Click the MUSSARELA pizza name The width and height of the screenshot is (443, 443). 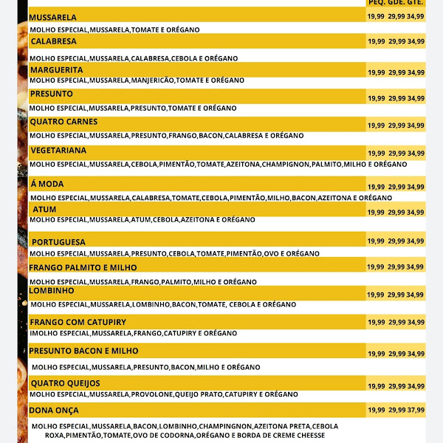click(x=52, y=17)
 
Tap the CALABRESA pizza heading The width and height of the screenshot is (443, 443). click(x=53, y=41)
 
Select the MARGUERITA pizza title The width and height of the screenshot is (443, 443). click(x=56, y=70)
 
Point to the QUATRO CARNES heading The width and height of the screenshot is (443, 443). click(x=63, y=122)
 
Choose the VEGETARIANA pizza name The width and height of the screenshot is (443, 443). click(x=58, y=150)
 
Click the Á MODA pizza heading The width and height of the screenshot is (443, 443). click(x=47, y=184)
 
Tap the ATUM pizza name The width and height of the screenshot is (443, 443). click(x=44, y=210)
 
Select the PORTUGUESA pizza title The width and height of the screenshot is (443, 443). click(x=58, y=242)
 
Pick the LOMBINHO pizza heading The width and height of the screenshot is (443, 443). click(x=52, y=291)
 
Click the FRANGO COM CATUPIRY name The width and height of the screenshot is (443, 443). click(x=78, y=323)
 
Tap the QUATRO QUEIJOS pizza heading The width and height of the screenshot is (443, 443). click(x=65, y=383)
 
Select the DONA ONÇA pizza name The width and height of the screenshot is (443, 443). click(x=53, y=410)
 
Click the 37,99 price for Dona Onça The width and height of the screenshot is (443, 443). click(x=416, y=410)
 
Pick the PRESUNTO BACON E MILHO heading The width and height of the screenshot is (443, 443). click(x=83, y=351)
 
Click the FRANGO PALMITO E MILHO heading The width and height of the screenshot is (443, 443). click(x=83, y=267)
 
